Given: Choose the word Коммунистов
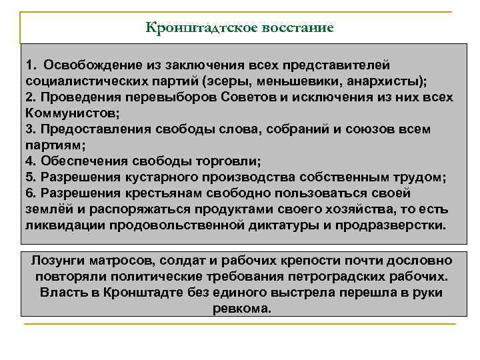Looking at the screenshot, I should tap(70, 113).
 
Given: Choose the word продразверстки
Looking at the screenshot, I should tap(397, 225).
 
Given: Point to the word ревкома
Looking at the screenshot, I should tap(241, 309).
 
